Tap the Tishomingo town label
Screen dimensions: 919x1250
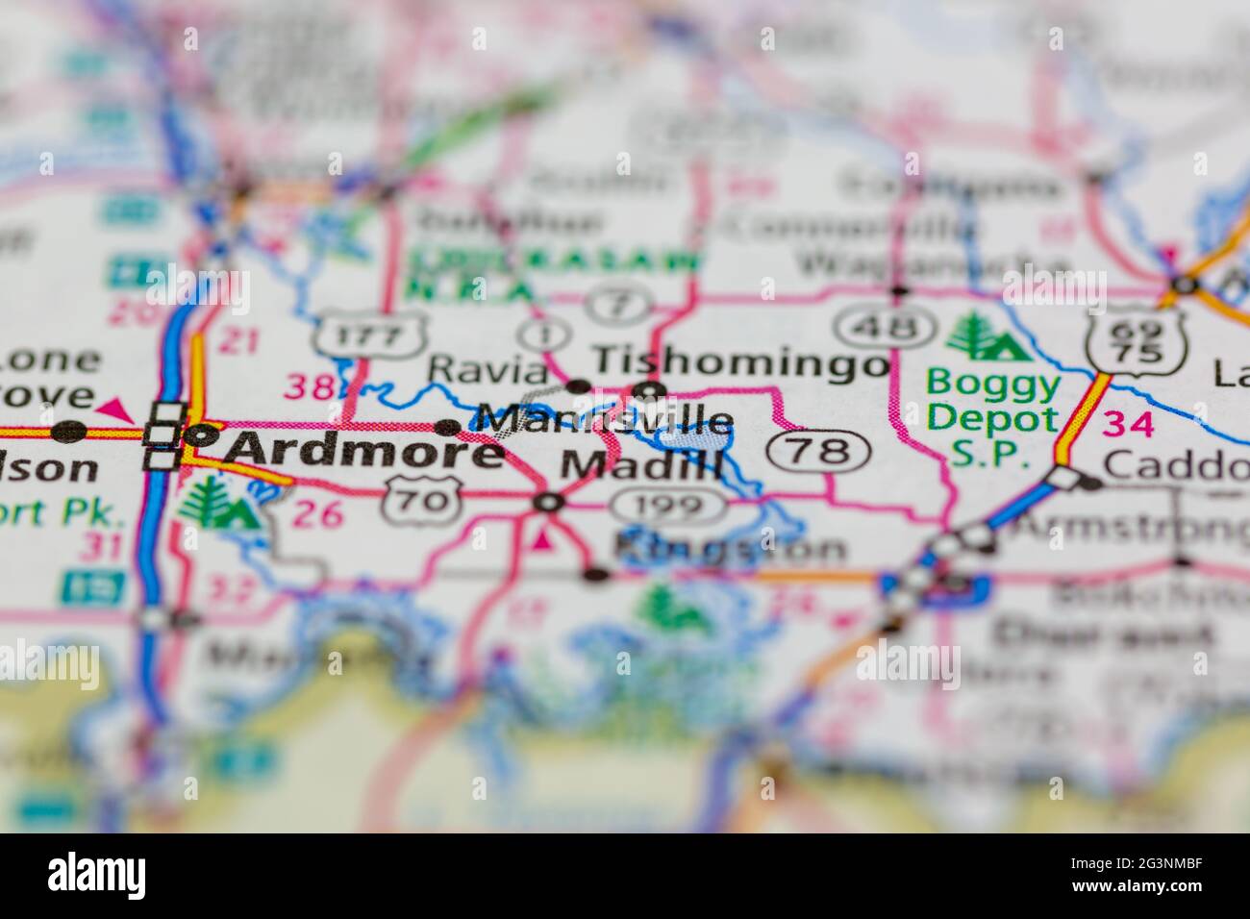coord(740,362)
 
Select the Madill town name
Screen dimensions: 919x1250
coord(641,465)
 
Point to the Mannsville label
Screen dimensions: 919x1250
coord(605,420)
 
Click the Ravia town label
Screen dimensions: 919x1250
coord(487,368)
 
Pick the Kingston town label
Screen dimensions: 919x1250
coord(731,548)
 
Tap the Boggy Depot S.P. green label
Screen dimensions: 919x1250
coord(993,419)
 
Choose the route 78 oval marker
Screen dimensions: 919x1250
coord(820,450)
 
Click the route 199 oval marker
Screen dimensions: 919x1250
coord(669,504)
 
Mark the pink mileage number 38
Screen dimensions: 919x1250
coord(311,387)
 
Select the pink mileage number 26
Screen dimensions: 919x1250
coord(318,514)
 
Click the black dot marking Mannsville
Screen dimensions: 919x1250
coord(448,427)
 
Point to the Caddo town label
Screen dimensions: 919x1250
coord(1175,465)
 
